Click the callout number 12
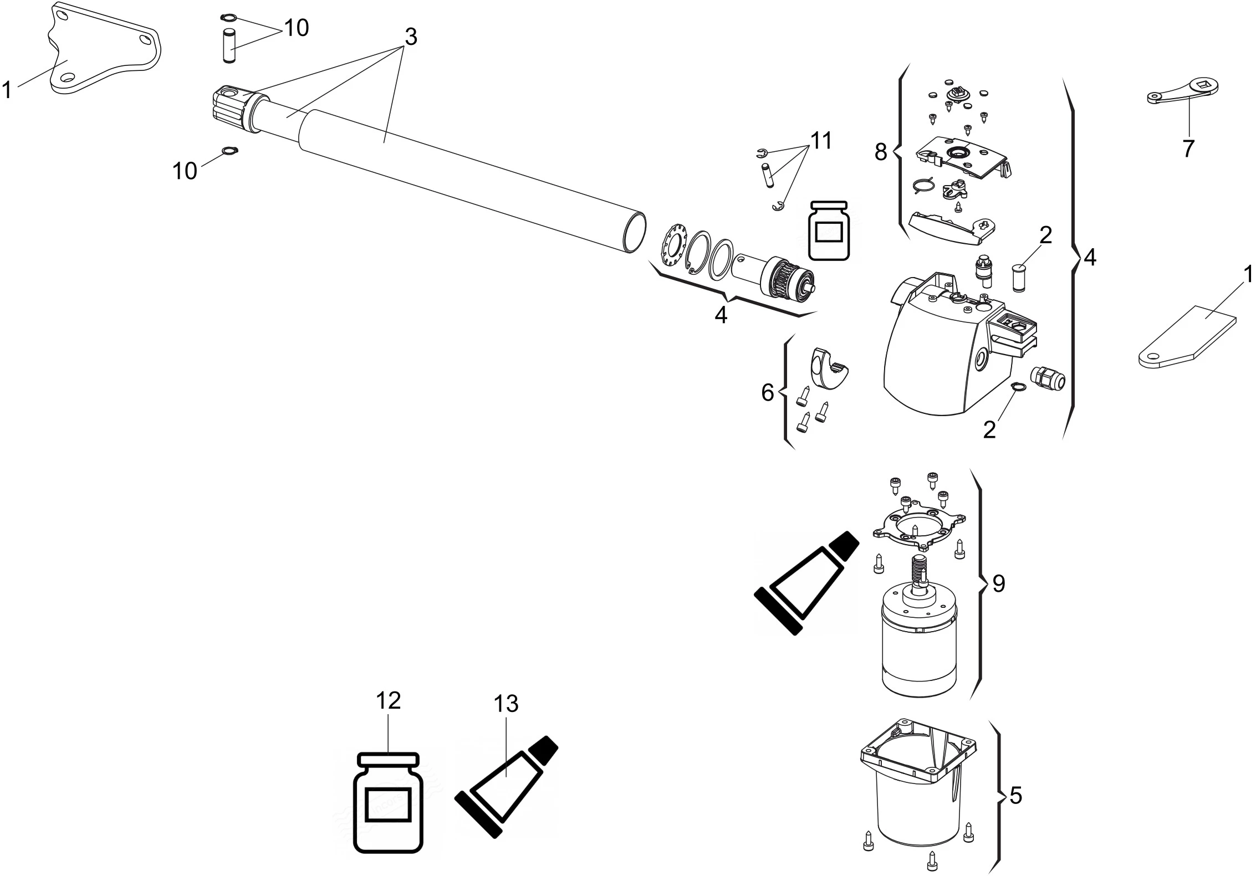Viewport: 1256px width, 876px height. [x=388, y=701]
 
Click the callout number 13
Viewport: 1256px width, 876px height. [x=506, y=704]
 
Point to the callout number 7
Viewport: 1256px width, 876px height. [x=1187, y=148]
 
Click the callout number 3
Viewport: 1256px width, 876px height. [x=410, y=37]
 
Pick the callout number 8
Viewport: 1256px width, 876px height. [x=881, y=152]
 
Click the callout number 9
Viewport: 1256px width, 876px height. [x=998, y=583]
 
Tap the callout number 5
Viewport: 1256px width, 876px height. [x=1015, y=796]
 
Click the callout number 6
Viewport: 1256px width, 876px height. [x=768, y=393]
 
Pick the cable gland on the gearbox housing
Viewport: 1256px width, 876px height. [x=1046, y=378]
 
